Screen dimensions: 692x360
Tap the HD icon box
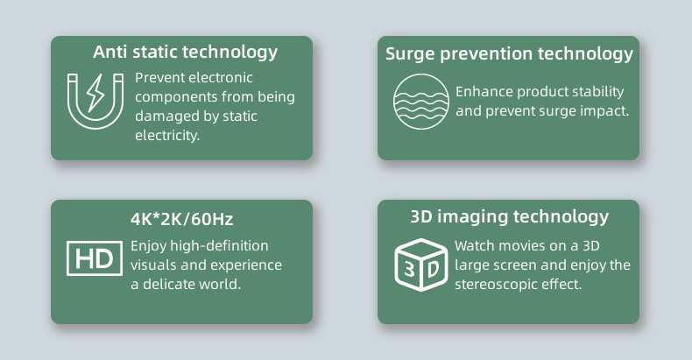[95, 258]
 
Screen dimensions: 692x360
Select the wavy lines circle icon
[421, 102]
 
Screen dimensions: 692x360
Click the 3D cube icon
[421, 265]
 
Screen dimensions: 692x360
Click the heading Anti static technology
[186, 53]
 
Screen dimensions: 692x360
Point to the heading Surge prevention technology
[509, 54]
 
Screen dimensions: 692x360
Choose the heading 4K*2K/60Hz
[182, 219]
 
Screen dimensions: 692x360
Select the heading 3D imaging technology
[510, 217]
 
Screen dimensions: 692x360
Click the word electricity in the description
[166, 136]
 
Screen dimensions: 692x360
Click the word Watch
[475, 246]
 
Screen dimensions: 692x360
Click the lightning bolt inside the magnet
[95, 93]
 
